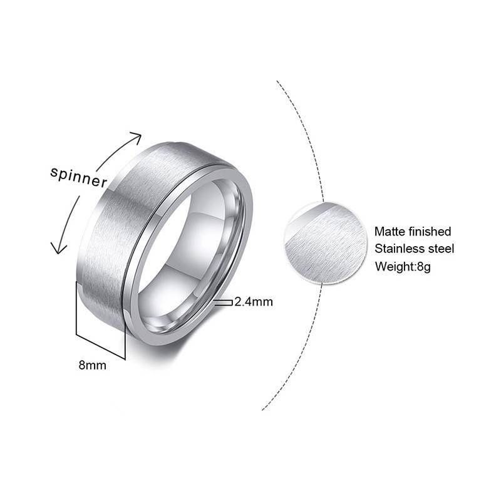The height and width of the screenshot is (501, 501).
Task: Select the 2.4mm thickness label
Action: coord(254,302)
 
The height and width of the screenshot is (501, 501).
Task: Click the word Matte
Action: coord(390,232)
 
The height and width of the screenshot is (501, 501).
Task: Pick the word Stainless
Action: coord(399,249)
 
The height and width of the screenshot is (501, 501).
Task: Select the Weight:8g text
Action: coord(403,266)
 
